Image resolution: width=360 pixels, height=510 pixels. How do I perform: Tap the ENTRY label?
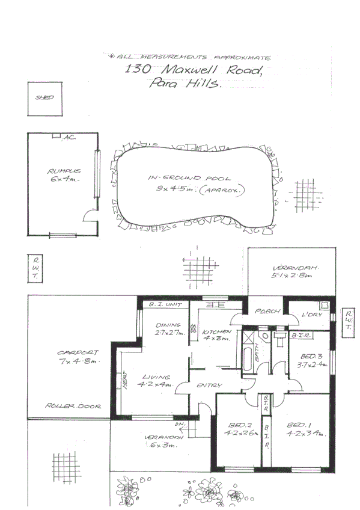[210, 386]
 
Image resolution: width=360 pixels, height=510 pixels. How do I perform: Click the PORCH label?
[264, 312]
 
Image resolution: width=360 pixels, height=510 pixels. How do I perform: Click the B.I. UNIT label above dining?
[164, 305]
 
